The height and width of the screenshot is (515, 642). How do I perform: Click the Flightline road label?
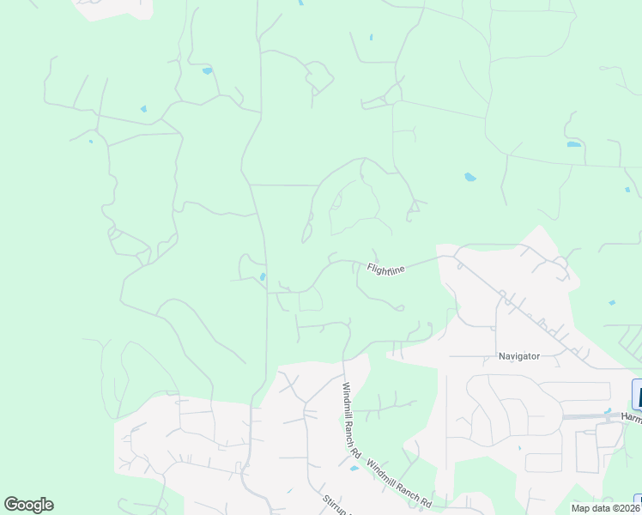tap(385, 270)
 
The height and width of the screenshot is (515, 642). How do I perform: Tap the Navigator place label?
tap(518, 356)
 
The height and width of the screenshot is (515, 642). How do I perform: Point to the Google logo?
tap(28, 505)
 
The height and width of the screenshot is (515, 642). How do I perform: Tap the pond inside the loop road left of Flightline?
tap(262, 276)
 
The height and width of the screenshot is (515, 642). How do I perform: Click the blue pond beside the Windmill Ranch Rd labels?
tap(354, 469)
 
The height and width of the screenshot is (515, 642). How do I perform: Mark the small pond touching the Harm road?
tap(608, 411)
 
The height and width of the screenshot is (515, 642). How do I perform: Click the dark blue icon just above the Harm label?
tap(637, 394)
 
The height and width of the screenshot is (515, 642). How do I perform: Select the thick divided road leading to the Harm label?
tap(592, 416)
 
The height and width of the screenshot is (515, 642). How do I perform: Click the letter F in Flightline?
tap(370, 266)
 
